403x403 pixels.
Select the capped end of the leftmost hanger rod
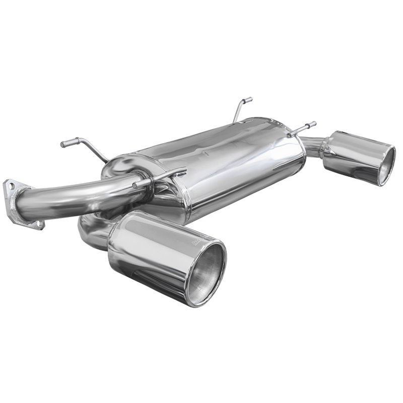63,145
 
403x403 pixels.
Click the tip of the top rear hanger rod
249,99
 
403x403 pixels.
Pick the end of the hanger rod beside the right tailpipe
313,123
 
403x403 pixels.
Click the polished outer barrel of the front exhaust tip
151,252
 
